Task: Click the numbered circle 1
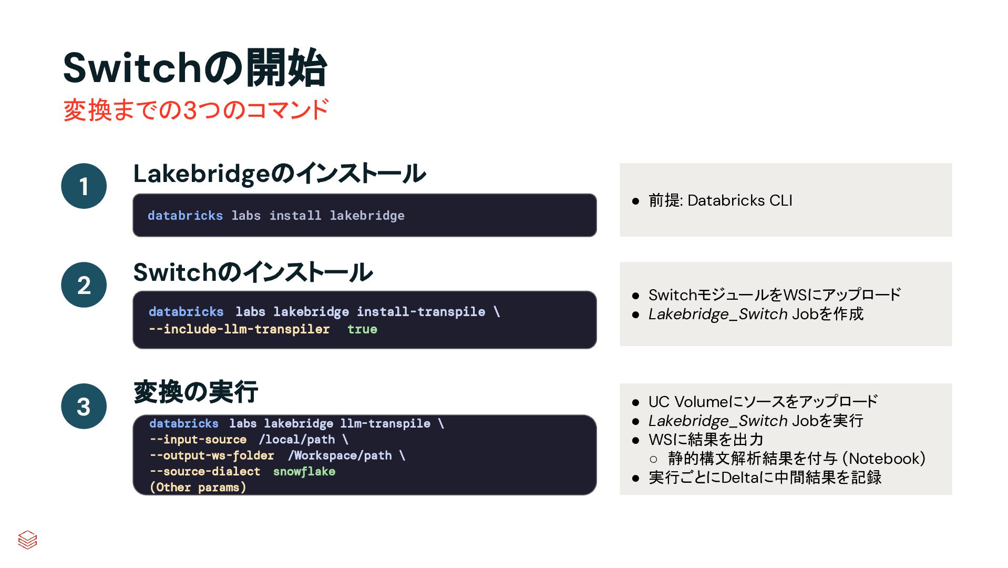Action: (84, 186)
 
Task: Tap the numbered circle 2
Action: (84, 285)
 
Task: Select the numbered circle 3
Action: (84, 407)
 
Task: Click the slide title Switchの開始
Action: (195, 68)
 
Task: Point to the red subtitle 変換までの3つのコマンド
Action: (196, 110)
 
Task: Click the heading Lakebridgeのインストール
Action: (279, 174)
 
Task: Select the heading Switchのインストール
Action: (253, 272)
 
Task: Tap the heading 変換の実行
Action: (196, 392)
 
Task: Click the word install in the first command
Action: (295, 216)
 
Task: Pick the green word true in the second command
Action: (362, 329)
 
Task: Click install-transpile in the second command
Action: (420, 312)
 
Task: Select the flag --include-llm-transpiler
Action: (239, 329)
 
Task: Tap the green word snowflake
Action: (304, 471)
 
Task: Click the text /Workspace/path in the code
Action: (340, 455)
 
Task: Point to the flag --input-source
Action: (198, 440)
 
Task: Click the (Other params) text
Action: (198, 487)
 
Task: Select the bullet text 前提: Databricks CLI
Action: (720, 200)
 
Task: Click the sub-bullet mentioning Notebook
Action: (796, 459)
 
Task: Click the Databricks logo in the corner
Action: (27, 540)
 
